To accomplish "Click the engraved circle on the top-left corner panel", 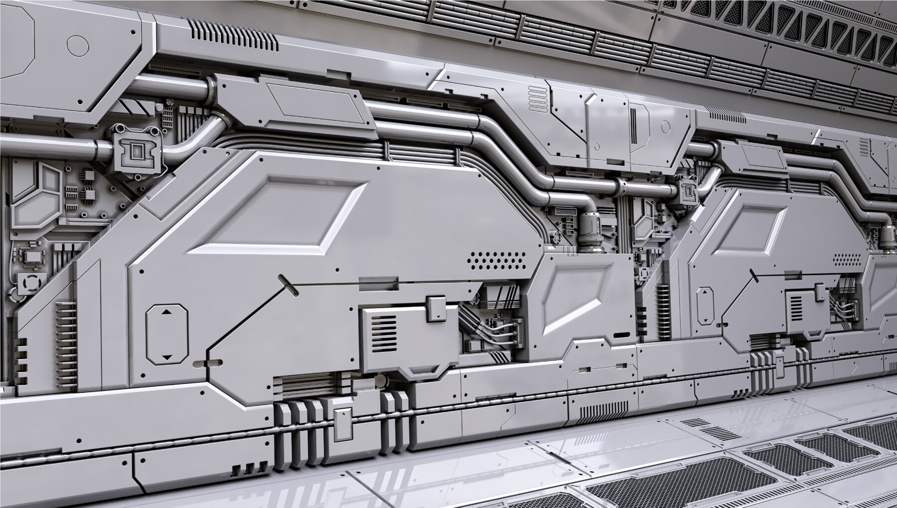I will coord(77,45).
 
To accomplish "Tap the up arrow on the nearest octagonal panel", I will coord(166,312).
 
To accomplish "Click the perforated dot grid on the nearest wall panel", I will coord(496,259).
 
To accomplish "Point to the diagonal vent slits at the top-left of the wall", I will coord(234,37).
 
